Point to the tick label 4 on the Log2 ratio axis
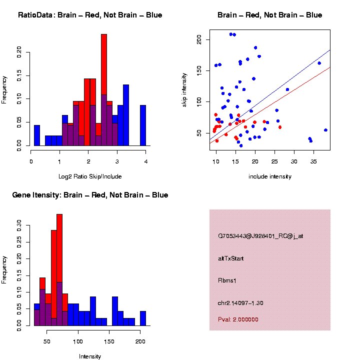tap(145, 161)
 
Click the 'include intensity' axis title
tap(270, 176)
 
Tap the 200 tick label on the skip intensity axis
tap(199, 39)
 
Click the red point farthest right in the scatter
tap(280, 127)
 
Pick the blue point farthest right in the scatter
tap(325, 130)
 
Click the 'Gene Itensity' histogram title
tap(90, 195)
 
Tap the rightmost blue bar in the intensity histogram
tap(143, 318)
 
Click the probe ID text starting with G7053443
tap(260, 236)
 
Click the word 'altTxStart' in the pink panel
tap(231, 258)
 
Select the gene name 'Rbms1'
tap(227, 280)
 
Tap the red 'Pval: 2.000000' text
tap(238, 319)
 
